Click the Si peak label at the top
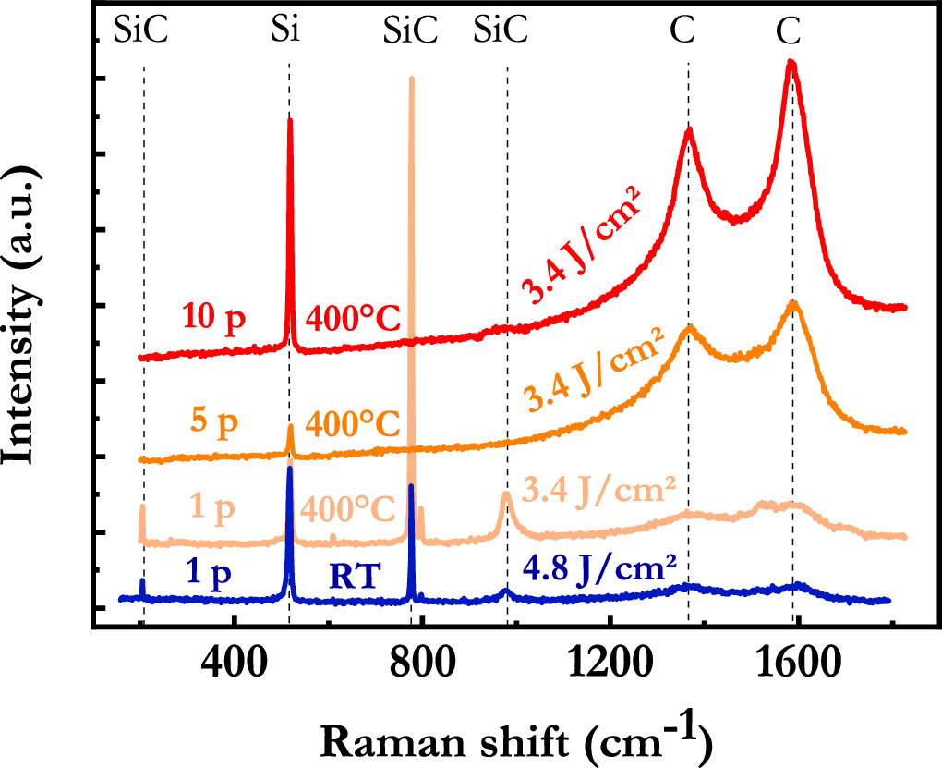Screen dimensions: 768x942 click(289, 31)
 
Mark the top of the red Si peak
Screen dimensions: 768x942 click(290, 119)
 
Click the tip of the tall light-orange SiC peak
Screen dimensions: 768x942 click(411, 79)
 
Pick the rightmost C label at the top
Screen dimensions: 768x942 click(788, 31)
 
